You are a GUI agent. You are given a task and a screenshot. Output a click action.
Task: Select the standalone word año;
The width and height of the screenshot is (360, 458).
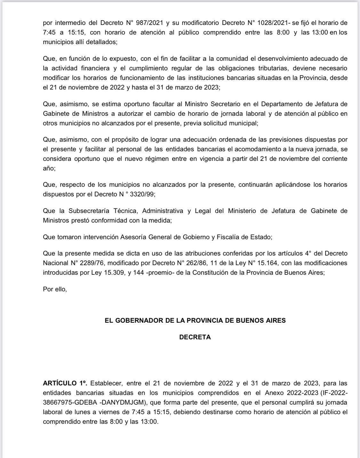(x=49, y=168)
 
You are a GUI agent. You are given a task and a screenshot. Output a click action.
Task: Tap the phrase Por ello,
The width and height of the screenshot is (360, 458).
(x=55, y=289)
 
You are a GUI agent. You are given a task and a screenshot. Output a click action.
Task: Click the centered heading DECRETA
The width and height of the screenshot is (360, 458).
(x=195, y=337)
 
